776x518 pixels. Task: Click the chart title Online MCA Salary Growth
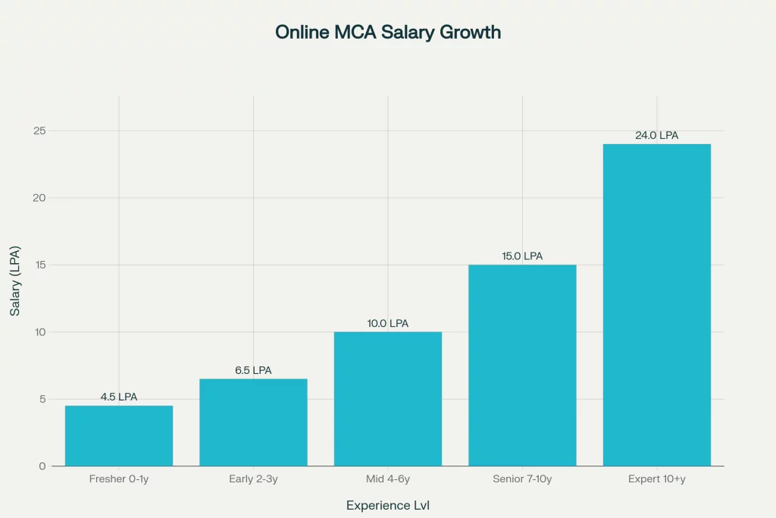[388, 33]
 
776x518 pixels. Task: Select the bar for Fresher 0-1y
[119, 435]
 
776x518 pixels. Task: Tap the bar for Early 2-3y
[253, 422]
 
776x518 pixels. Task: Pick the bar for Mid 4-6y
[388, 398]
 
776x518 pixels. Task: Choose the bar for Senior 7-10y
[522, 365]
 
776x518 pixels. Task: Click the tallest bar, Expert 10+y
[657, 304]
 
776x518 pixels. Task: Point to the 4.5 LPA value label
[119, 397]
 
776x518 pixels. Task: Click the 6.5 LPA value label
[253, 370]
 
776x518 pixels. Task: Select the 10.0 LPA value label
[388, 323]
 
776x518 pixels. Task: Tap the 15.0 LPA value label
[522, 256]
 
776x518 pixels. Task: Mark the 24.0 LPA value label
[657, 136]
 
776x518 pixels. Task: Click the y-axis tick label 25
[39, 131]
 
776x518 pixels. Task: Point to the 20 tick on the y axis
[39, 198]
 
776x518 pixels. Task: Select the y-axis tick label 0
[42, 466]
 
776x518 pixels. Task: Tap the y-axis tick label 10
[39, 332]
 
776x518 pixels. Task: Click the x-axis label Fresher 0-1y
[119, 479]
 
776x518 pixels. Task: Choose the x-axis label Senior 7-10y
[522, 479]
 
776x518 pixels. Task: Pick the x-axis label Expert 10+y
[657, 479]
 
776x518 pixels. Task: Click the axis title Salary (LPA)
[15, 281]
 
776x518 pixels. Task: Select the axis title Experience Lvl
[388, 505]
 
